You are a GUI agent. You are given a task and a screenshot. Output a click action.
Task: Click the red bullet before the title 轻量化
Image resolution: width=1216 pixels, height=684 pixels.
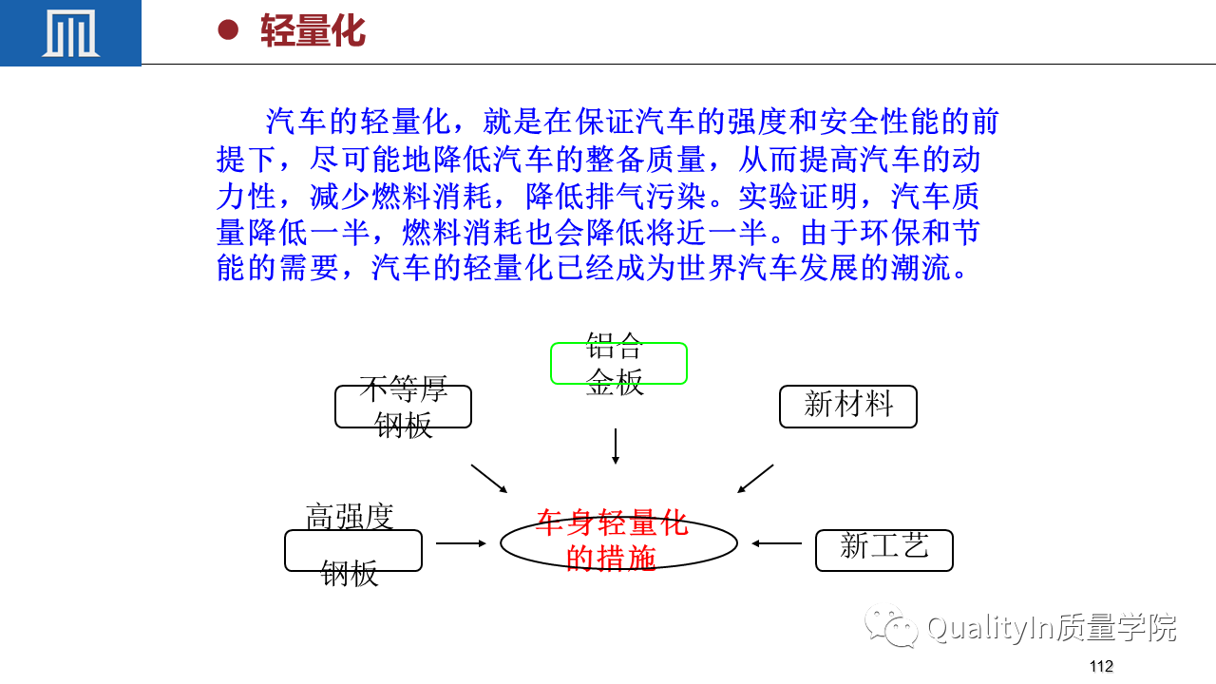tap(228, 29)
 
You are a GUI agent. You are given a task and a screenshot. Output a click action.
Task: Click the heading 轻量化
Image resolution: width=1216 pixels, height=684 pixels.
tap(313, 31)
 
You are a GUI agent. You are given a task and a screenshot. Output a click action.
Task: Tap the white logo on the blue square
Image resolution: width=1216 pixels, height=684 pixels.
tap(70, 32)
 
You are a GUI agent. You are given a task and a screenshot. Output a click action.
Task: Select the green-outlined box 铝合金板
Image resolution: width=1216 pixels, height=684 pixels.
tap(618, 363)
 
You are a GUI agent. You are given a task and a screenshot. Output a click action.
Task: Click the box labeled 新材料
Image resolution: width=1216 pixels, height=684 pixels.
tap(848, 407)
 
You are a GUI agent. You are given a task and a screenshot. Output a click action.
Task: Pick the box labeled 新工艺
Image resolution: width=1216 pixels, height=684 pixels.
tap(884, 550)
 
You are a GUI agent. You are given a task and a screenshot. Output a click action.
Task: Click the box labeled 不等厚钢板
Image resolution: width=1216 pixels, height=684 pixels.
tap(404, 407)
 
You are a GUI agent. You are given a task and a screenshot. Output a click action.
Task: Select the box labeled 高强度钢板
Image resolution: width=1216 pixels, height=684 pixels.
tap(353, 550)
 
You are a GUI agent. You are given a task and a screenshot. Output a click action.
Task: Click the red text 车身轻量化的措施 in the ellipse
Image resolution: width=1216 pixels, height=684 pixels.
tap(612, 541)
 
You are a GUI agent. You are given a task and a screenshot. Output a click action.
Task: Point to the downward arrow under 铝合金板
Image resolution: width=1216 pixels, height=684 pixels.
tap(615, 446)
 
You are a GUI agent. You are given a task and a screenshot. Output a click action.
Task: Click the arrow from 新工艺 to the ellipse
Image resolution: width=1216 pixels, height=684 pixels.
tap(776, 543)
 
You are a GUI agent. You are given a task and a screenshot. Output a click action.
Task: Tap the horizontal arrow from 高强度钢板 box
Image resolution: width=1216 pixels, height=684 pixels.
tap(461, 543)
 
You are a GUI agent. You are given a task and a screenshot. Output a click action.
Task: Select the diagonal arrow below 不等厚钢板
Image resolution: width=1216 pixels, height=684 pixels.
tap(489, 479)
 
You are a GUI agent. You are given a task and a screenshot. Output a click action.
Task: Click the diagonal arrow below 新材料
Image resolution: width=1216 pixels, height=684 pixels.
tap(755, 479)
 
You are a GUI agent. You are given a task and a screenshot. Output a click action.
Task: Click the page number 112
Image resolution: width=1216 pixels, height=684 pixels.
tap(1101, 666)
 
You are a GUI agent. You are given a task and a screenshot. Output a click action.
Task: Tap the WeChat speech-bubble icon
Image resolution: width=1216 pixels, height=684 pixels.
tap(891, 626)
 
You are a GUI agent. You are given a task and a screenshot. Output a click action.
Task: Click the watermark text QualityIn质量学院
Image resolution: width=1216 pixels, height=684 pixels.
tap(1052, 628)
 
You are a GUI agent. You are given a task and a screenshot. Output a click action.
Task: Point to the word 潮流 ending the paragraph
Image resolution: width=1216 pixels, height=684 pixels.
tap(921, 268)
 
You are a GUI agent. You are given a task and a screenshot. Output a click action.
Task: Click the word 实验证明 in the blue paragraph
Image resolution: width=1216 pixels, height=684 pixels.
tap(799, 196)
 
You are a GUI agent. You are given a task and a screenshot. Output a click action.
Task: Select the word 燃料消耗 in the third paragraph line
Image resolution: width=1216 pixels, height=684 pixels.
tap(431, 196)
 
